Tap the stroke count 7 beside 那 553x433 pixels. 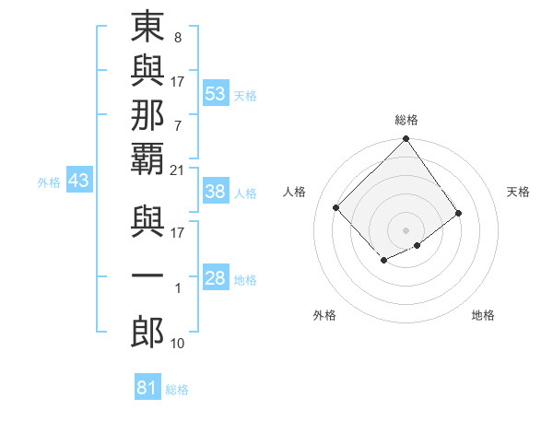(178, 124)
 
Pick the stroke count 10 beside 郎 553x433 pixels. (178, 343)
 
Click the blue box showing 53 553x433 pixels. (216, 94)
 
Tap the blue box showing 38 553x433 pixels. (216, 192)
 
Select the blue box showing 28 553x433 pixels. (216, 278)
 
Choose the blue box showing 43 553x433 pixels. (78, 181)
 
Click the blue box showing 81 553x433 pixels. (147, 388)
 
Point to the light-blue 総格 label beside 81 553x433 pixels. (177, 390)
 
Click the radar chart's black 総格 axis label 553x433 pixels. (406, 120)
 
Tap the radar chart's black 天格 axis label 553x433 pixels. (518, 192)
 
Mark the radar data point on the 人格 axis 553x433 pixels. (336, 207)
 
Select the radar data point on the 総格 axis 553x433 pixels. (406, 140)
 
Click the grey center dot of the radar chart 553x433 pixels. (406, 229)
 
